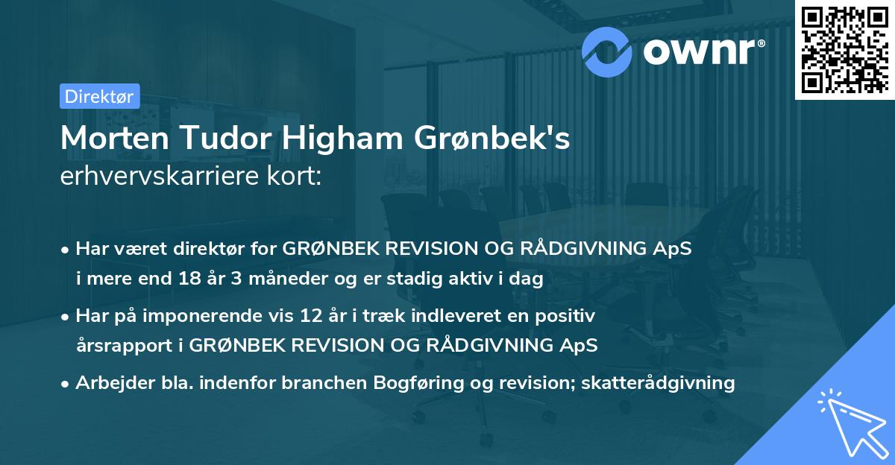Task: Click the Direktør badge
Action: (x=99, y=96)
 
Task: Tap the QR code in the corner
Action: (x=844, y=48)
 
